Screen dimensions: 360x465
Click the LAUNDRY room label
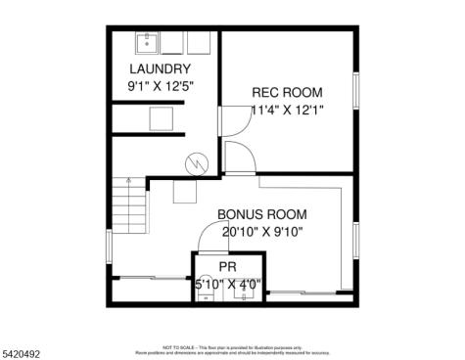pyautogui.click(x=163, y=68)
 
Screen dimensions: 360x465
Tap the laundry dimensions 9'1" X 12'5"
pyautogui.click(x=163, y=85)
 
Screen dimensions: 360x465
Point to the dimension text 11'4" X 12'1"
pyautogui.click(x=287, y=110)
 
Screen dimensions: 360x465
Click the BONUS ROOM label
pyautogui.click(x=262, y=214)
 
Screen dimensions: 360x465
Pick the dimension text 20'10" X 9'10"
pyautogui.click(x=262, y=232)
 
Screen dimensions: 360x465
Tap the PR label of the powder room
pyautogui.click(x=227, y=266)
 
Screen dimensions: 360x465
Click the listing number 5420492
pyautogui.click(x=22, y=343)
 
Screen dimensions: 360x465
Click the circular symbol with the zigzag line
pyautogui.click(x=197, y=162)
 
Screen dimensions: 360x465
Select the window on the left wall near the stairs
pyautogui.click(x=109, y=246)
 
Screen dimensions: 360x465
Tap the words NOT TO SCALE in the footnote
pyautogui.click(x=178, y=345)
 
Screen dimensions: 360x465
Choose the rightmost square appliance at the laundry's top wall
pyautogui.click(x=201, y=43)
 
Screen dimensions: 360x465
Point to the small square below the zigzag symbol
pyautogui.click(x=184, y=192)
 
